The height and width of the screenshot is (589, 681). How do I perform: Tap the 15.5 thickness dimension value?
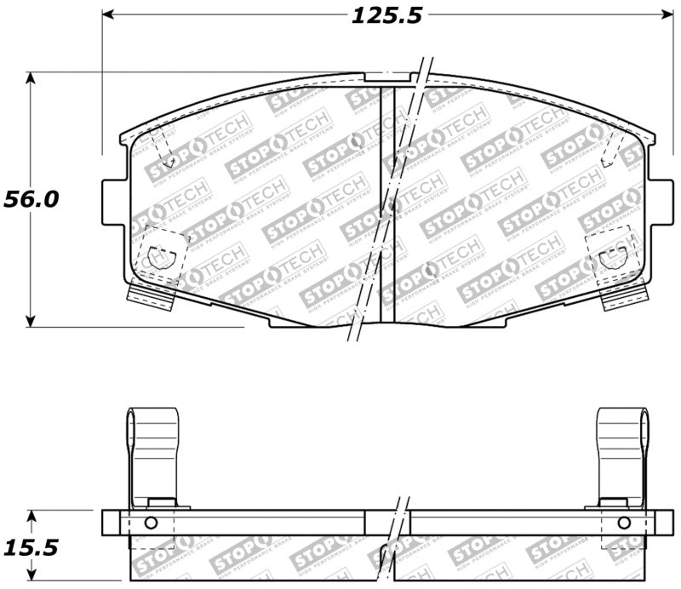point(31,546)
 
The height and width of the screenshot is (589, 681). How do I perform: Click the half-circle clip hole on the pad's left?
point(159,254)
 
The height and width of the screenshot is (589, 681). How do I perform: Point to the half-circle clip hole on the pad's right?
point(612,254)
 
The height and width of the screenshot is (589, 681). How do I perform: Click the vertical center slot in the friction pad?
point(386,204)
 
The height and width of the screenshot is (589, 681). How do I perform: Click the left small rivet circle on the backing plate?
point(152,523)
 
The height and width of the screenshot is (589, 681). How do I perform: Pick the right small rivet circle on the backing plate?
point(623,523)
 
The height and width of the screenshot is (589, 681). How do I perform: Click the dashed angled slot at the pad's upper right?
point(612,149)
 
